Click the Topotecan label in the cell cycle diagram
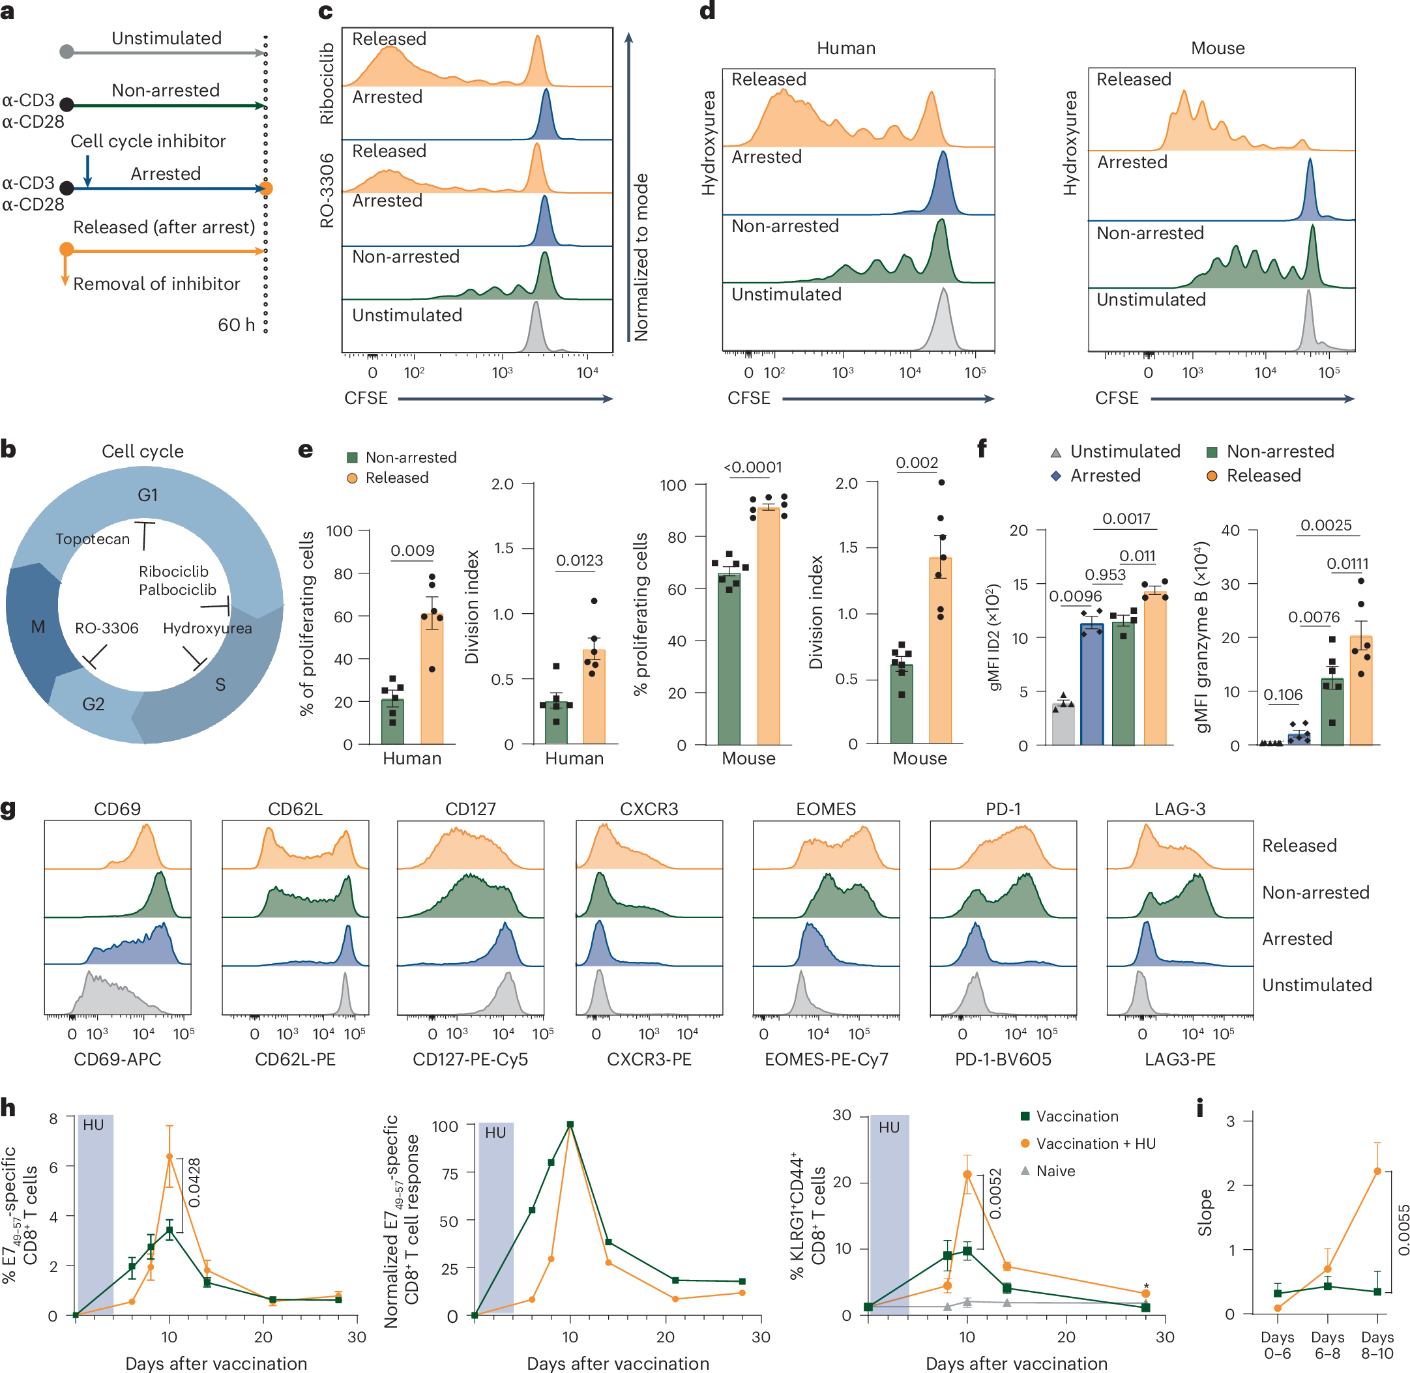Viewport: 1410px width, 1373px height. [x=93, y=539]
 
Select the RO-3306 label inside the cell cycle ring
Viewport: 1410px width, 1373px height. [x=107, y=628]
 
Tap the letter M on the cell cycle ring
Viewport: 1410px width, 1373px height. [x=38, y=627]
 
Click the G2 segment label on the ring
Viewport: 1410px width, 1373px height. [x=93, y=704]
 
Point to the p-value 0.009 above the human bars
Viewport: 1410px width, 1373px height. [x=412, y=550]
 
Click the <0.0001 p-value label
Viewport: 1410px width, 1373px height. [x=753, y=467]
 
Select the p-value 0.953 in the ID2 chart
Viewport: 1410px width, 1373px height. [x=1105, y=574]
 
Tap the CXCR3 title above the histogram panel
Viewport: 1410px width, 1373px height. [x=649, y=809]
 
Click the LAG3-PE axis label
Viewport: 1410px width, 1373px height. [x=1180, y=1059]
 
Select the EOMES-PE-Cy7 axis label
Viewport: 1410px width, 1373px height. [x=826, y=1059]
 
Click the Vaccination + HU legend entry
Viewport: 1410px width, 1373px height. [x=1095, y=1143]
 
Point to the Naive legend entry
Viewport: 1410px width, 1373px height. [x=1055, y=1170]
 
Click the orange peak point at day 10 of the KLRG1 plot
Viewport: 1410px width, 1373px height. [x=967, y=1174]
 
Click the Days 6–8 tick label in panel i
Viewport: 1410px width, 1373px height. [x=1327, y=1346]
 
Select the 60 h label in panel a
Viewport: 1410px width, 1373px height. [x=236, y=325]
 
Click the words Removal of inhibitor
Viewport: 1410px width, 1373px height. [x=156, y=283]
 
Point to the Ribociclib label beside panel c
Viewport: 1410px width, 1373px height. [x=327, y=83]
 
